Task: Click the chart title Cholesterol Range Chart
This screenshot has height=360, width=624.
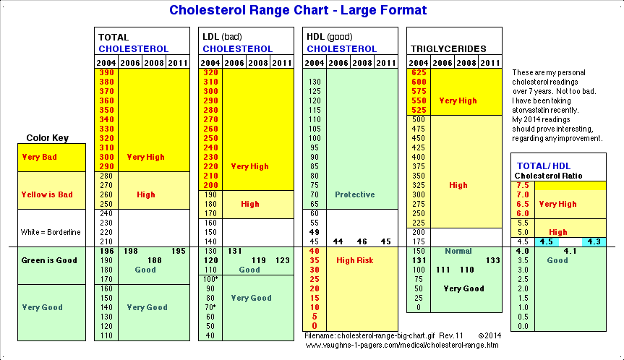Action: (x=297, y=10)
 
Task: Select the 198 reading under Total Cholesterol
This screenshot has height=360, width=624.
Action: (x=131, y=251)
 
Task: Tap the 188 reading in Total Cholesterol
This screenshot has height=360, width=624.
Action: (x=154, y=260)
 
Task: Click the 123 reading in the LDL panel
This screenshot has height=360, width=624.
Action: (x=282, y=260)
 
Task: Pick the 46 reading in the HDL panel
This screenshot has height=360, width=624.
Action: (x=362, y=241)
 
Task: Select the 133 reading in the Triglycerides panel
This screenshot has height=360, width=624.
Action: (x=492, y=260)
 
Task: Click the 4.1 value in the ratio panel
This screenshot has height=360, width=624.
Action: (x=570, y=251)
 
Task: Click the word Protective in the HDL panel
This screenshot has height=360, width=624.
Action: (x=354, y=194)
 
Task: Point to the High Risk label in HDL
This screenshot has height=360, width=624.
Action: (x=354, y=260)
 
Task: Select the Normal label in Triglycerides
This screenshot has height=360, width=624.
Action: (x=458, y=251)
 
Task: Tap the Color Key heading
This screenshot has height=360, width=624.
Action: (x=47, y=138)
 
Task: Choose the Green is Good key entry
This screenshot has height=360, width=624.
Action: (x=49, y=260)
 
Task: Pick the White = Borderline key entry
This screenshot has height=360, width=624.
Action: (x=49, y=231)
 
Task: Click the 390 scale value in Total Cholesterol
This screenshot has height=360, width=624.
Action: (x=106, y=73)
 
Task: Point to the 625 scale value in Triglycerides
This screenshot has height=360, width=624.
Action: (x=419, y=73)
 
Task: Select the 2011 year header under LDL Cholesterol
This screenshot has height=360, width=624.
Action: (x=282, y=63)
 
